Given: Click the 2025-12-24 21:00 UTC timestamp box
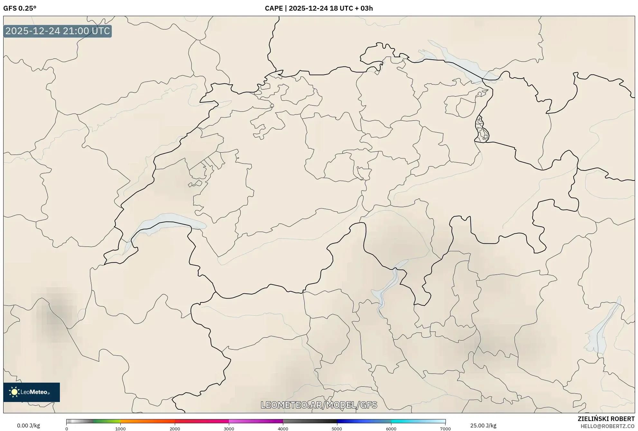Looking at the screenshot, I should pos(58,31).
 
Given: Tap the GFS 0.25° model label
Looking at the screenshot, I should pos(20,8).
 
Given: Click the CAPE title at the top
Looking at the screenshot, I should pos(319,8).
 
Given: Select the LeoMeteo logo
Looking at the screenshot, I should pos(32,392).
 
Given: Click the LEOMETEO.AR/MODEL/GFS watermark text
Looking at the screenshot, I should pos(319,405).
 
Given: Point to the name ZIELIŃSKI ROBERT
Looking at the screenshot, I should pos(606,419).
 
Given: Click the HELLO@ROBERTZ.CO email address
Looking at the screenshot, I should pos(607,426).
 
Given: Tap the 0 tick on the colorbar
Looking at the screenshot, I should pos(67,429).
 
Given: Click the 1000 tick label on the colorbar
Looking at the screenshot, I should pos(120,429).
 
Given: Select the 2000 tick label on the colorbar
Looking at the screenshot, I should pos(175,429).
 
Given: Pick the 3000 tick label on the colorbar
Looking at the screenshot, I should pos(229,429).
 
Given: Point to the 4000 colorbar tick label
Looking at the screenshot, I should pos(283,429).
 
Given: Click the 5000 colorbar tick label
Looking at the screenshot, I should pos(337,429).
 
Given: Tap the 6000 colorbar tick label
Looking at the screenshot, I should pos(391,429).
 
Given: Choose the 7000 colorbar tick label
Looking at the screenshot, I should pos(445,429).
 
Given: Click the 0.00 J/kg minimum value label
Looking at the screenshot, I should pos(28,426).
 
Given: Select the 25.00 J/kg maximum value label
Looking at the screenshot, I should pos(483,426).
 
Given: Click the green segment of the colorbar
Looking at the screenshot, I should pos(106,421).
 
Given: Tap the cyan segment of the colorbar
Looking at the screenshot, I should pos(406,421).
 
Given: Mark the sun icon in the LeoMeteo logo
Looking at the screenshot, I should pos(14,392).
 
